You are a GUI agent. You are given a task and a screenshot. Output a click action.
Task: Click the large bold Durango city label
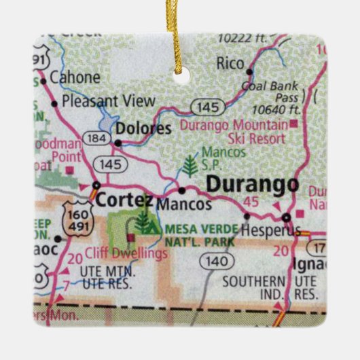click(251, 184)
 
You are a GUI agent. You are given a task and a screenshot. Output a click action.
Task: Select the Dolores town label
click(143, 128)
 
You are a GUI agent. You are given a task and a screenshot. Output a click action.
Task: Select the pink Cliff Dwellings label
click(136, 253)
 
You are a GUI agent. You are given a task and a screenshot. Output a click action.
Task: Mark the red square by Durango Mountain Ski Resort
click(293, 124)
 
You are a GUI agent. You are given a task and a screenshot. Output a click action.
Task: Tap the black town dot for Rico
click(249, 71)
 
